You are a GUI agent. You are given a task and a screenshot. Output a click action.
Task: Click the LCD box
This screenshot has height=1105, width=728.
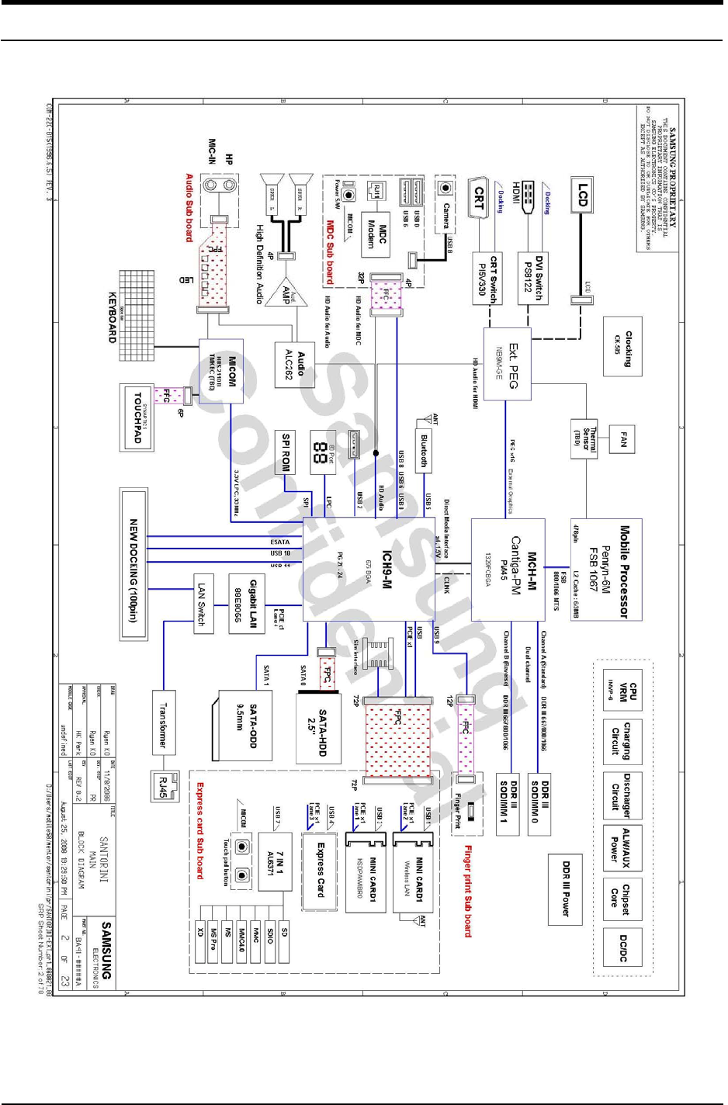pyautogui.click(x=583, y=195)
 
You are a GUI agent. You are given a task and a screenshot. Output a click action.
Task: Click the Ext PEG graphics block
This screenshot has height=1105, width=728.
pyautogui.click(x=508, y=365)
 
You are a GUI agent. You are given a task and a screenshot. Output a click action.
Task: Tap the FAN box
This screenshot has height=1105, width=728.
pyautogui.click(x=623, y=440)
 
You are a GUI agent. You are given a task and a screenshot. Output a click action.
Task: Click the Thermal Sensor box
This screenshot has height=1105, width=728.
pyautogui.click(x=585, y=440)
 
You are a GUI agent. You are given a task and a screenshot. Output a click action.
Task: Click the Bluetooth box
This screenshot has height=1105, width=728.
pyautogui.click(x=424, y=450)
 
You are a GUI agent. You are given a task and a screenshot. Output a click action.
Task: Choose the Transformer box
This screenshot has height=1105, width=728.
pyautogui.click(x=164, y=722)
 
